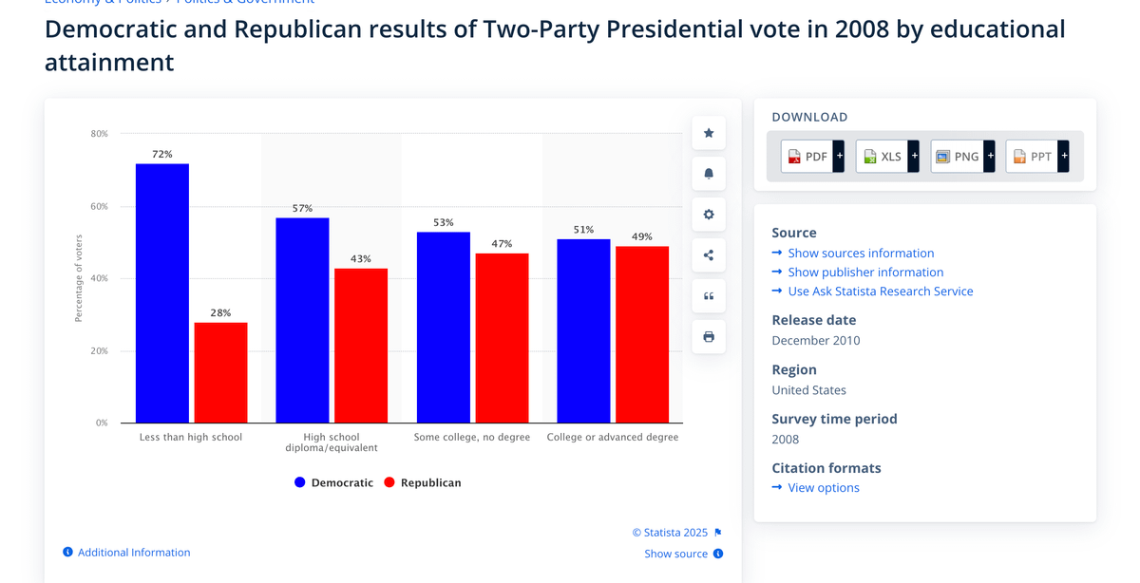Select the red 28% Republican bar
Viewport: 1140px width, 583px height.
(x=220, y=372)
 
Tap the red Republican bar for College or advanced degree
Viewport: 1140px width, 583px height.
(x=642, y=334)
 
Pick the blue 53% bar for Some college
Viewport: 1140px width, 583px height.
(x=444, y=327)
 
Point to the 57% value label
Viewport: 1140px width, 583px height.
(x=302, y=208)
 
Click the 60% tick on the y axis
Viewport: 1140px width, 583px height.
(x=99, y=206)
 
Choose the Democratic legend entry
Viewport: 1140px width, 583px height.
(x=333, y=482)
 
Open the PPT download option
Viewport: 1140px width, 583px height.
(x=1036, y=157)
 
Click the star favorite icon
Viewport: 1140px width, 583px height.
(x=709, y=133)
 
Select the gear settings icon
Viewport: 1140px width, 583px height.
(x=709, y=215)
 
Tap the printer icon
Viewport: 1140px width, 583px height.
(x=709, y=337)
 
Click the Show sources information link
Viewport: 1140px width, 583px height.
(x=861, y=253)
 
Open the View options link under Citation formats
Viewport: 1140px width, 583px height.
(x=823, y=487)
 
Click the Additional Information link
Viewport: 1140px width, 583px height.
(x=133, y=553)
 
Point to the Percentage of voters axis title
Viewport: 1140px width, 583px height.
(x=79, y=277)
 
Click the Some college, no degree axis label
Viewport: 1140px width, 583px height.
(x=472, y=438)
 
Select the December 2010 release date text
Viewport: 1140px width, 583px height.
(x=816, y=340)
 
